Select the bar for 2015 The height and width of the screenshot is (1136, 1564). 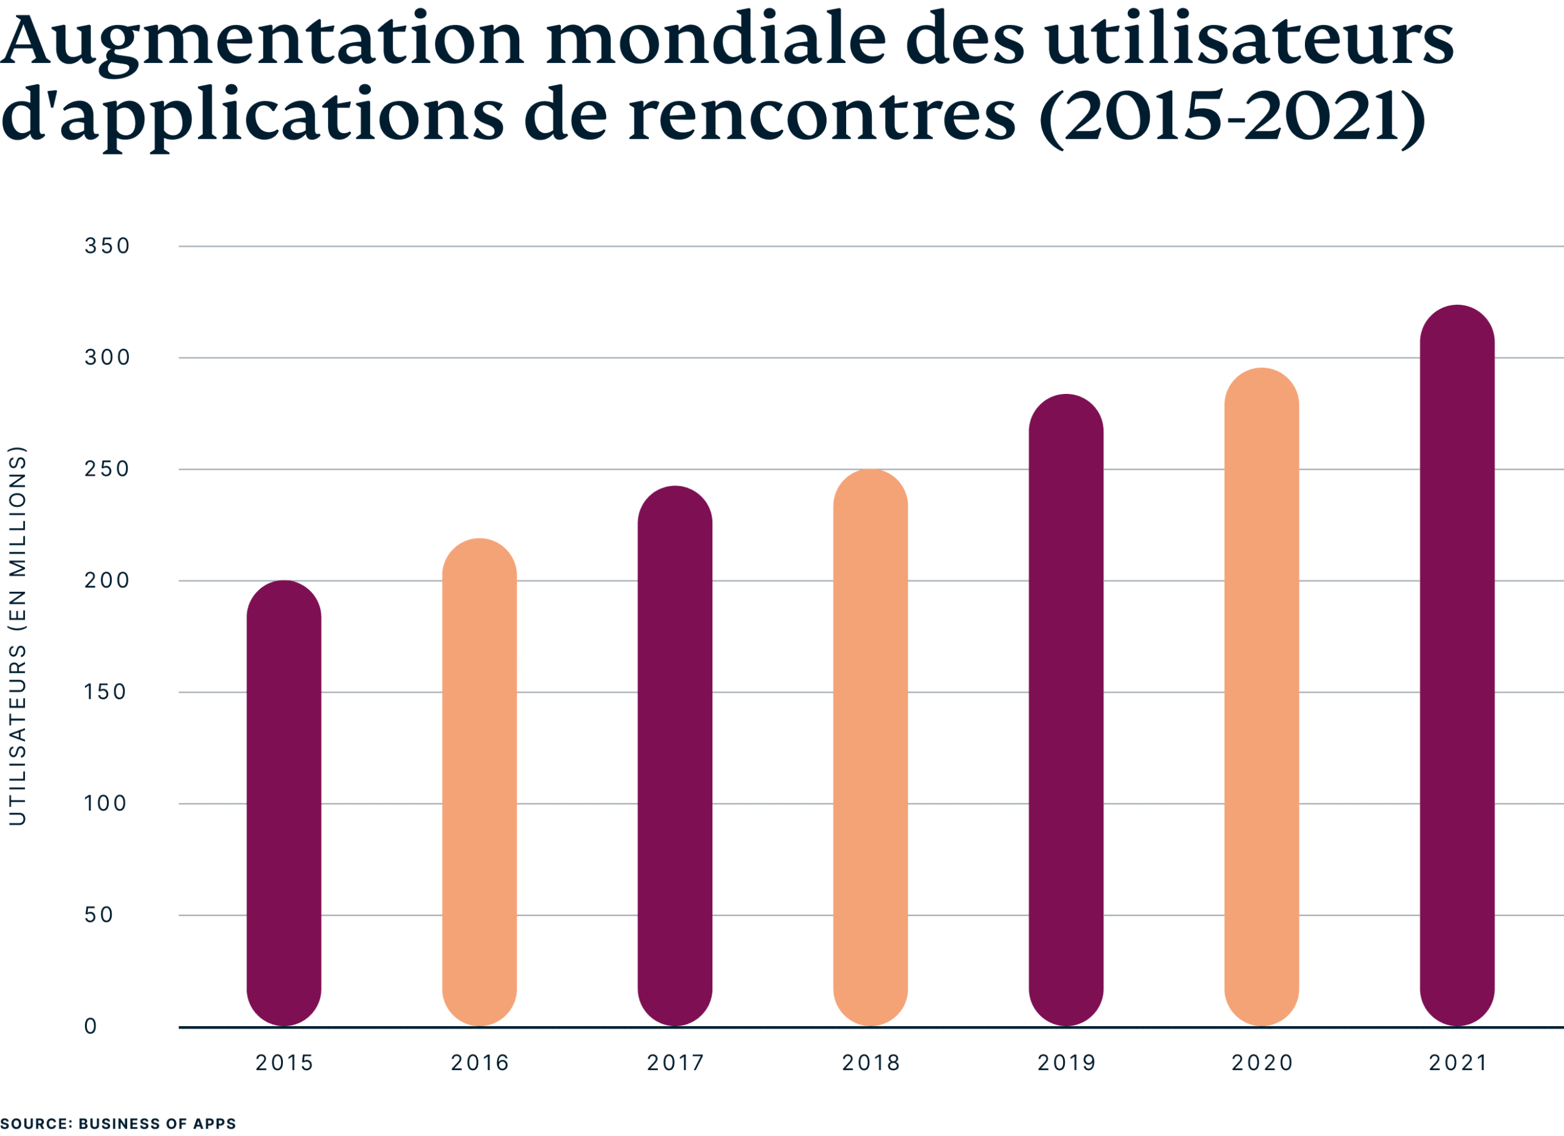[x=284, y=803]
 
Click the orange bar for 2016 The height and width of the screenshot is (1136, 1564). [x=479, y=782]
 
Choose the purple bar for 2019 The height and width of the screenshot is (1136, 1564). [x=1066, y=710]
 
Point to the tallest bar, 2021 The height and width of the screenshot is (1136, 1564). [x=1457, y=665]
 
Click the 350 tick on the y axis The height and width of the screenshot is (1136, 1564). [x=107, y=246]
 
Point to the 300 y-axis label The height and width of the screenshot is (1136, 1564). [x=107, y=358]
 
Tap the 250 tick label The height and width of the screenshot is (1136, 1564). [x=107, y=470]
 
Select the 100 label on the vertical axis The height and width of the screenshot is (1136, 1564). [x=106, y=804]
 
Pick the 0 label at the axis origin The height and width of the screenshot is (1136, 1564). [x=91, y=1027]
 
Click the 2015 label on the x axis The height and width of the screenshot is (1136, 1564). [x=284, y=1063]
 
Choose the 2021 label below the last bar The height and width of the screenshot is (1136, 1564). [x=1457, y=1063]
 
